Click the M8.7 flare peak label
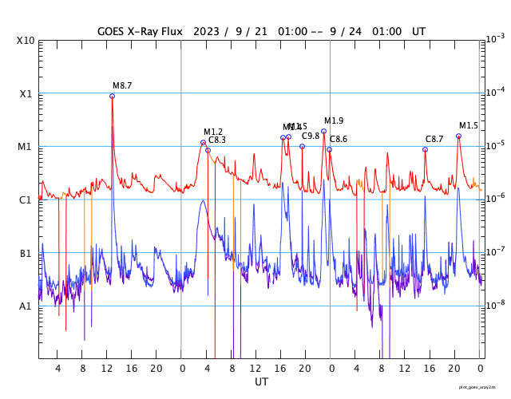(122, 85)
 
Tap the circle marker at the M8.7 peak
(112, 96)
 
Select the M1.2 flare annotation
(213, 132)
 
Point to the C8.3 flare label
(217, 140)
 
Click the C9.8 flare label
(311, 136)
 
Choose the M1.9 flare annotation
(334, 120)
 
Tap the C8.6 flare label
(339, 139)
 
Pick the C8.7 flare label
(434, 139)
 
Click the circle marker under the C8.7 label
(425, 149)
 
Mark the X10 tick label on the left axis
(26, 41)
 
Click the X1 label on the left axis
(26, 93)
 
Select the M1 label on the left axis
(26, 147)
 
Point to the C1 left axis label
(26, 199)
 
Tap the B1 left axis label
(26, 253)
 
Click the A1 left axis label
(26, 306)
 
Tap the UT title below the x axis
(261, 382)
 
